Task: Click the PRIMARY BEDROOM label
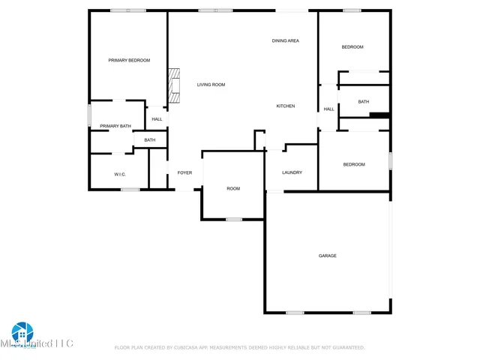point(129,60)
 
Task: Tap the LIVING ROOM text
point(211,85)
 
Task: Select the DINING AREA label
point(286,40)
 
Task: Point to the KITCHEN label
point(286,106)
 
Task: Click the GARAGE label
point(328,256)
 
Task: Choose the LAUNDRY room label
point(292,172)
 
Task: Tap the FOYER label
point(184,173)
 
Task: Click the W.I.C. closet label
point(120,174)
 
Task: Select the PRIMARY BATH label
point(115,126)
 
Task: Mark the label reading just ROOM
point(233,188)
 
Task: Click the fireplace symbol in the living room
point(175,85)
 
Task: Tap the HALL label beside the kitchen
point(328,109)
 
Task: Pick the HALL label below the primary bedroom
point(157,118)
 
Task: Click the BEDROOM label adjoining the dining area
point(352,47)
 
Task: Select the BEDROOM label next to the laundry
point(354,164)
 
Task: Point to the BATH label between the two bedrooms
point(364,102)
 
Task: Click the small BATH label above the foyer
point(150,140)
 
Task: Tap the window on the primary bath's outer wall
point(90,115)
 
